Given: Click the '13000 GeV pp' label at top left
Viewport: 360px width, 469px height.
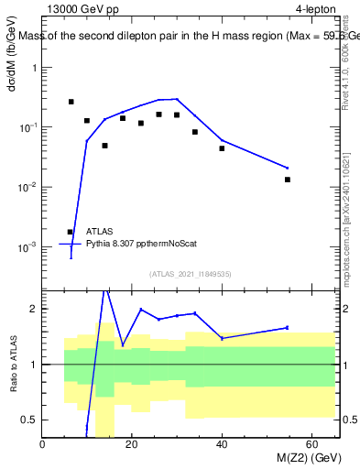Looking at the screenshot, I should point(81,9).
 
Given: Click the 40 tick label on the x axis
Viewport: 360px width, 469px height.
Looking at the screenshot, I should point(222,445).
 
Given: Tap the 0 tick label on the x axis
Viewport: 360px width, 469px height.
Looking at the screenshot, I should point(42,445).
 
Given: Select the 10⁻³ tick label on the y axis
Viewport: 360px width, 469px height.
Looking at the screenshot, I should point(27,247).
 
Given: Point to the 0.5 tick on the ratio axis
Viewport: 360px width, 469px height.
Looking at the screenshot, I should point(29,420).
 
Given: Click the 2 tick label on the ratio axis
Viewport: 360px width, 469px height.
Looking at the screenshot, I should point(34,309).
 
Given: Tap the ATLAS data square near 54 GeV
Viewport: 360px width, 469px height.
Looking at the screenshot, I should point(288,180).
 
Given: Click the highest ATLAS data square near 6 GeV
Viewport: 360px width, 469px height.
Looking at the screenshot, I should point(71,102).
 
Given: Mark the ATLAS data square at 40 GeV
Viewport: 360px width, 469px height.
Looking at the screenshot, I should point(222,148).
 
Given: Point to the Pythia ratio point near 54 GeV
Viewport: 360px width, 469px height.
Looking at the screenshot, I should point(288,327).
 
